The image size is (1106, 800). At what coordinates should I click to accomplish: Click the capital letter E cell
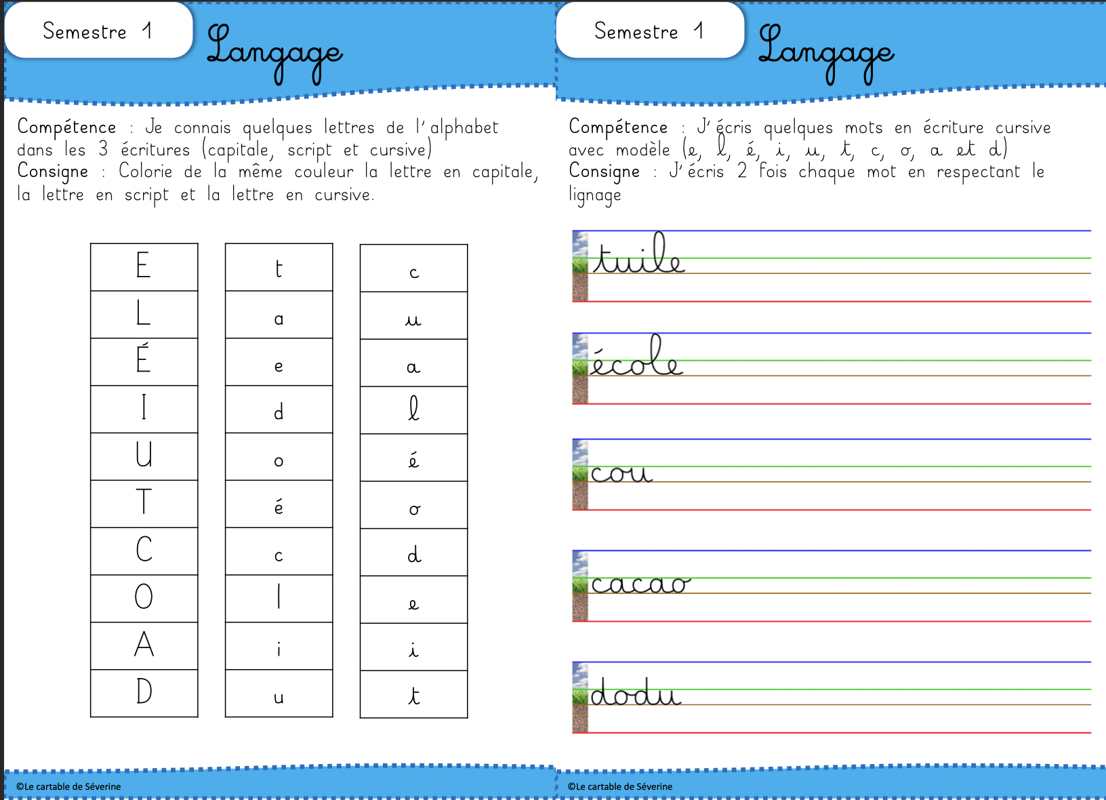(x=144, y=266)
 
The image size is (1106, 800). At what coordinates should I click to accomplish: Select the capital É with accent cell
(x=144, y=361)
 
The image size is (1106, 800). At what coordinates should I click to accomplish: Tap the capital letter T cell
(x=144, y=503)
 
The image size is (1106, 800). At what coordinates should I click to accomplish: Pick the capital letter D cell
(x=144, y=692)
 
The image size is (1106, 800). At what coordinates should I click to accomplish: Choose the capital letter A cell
(x=144, y=645)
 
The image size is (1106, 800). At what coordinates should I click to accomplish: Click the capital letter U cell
(x=144, y=456)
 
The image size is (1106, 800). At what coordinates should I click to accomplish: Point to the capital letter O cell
(x=144, y=597)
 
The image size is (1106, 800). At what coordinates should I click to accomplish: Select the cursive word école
(x=636, y=358)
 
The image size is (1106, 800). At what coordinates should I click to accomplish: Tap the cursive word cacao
(x=640, y=583)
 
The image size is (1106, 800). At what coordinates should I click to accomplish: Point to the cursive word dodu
(x=635, y=693)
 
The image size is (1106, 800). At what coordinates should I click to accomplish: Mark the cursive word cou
(x=621, y=473)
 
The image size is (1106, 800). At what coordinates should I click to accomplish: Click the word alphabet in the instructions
(x=464, y=127)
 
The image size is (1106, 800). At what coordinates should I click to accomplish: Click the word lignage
(x=594, y=196)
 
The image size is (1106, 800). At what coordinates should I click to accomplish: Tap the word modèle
(x=642, y=150)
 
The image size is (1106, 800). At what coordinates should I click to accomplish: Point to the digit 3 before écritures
(x=103, y=149)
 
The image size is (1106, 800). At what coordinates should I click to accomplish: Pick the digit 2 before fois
(x=742, y=172)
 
